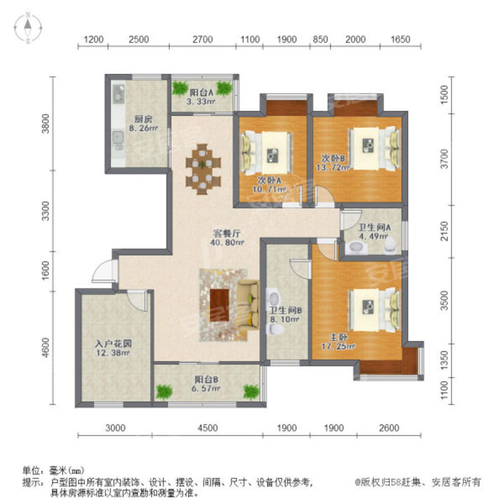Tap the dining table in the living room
[203, 169]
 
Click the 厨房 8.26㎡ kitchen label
[143, 123]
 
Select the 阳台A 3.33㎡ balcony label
[201, 96]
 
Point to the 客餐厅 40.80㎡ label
[227, 238]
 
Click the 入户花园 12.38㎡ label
[113, 348]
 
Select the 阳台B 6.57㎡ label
[207, 384]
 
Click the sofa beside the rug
[248, 305]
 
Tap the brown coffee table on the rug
[220, 305]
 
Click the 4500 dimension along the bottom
[208, 428]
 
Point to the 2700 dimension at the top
[203, 39]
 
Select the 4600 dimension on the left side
[46, 347]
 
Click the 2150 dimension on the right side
[444, 231]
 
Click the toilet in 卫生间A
[390, 245]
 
